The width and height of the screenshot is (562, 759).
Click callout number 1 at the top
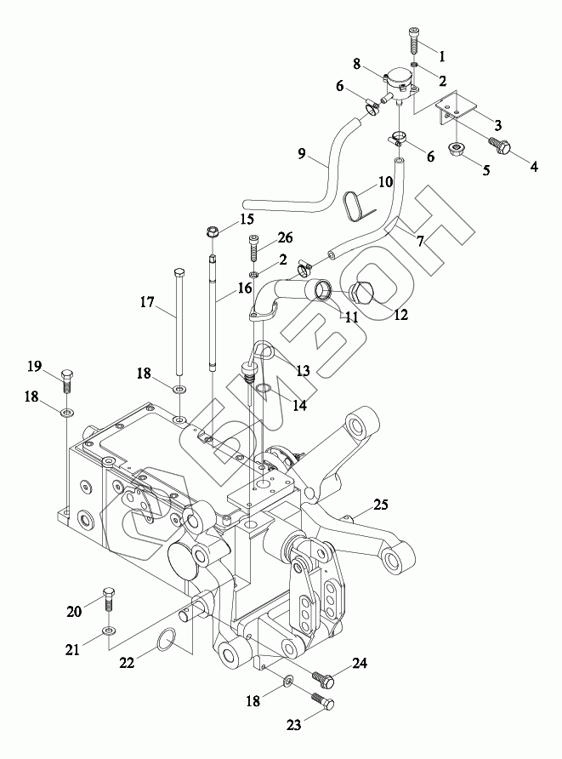pyautogui.click(x=441, y=56)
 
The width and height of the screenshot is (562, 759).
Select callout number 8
pyautogui.click(x=357, y=65)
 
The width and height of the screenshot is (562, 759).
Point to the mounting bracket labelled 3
pyautogui.click(x=456, y=107)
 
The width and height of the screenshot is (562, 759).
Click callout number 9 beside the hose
pyautogui.click(x=301, y=154)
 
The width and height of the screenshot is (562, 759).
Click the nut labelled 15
pyautogui.click(x=213, y=231)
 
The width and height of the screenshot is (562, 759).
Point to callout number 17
pyautogui.click(x=147, y=302)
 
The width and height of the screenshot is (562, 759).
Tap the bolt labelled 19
pyautogui.click(x=68, y=380)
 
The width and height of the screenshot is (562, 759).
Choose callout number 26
pyautogui.click(x=286, y=237)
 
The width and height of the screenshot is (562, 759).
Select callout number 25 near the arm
pyautogui.click(x=381, y=505)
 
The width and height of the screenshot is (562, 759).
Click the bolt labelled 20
pyautogui.click(x=109, y=599)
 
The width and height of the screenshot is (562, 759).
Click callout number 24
pyautogui.click(x=360, y=663)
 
